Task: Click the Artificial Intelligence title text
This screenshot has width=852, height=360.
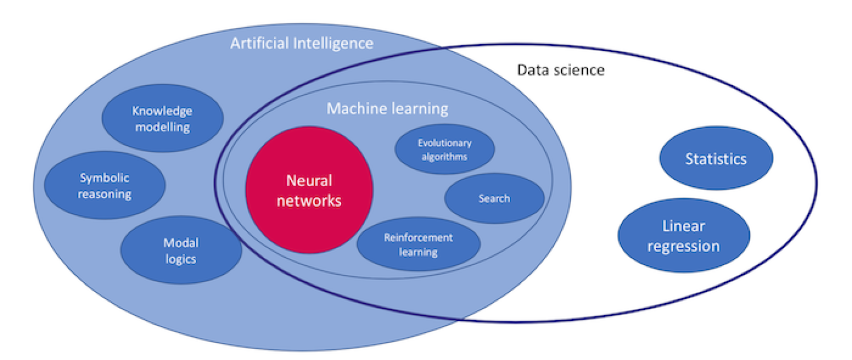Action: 302,43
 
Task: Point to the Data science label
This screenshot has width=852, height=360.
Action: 560,70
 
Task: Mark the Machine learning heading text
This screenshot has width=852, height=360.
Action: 387,108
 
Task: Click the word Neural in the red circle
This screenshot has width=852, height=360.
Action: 309,181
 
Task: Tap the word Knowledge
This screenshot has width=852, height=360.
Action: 162,111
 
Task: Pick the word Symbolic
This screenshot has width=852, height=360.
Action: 105,178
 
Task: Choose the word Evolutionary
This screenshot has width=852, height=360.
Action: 445,143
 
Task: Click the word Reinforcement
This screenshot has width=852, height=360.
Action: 418,237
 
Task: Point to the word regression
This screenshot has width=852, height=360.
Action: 683,246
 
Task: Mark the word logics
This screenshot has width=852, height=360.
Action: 181,259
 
